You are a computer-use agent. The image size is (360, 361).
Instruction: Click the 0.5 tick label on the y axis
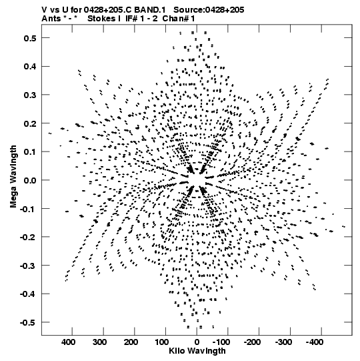(x=30, y=38)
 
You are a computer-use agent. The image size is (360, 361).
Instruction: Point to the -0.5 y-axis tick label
(x=28, y=322)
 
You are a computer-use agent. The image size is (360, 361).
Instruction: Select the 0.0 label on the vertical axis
(x=30, y=180)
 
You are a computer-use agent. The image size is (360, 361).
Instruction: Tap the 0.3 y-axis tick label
(x=30, y=95)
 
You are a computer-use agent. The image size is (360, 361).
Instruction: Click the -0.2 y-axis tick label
(x=28, y=237)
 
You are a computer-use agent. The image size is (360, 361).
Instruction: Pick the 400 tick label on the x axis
(x=68, y=342)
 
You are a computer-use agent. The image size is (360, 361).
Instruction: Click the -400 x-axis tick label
(x=315, y=342)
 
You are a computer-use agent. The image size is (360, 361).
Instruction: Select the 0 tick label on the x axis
(x=197, y=342)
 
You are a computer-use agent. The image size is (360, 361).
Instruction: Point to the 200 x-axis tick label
(x=131, y=342)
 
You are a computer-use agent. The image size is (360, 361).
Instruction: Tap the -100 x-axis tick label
(x=221, y=342)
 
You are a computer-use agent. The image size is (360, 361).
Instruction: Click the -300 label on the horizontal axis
(x=283, y=342)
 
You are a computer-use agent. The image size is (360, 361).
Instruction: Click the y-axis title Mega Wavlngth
(x=13, y=177)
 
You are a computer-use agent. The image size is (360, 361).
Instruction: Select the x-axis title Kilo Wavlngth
(x=197, y=351)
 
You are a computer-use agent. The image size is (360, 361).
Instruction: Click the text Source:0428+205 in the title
(x=209, y=10)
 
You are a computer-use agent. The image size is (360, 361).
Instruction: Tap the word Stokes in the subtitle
(x=102, y=19)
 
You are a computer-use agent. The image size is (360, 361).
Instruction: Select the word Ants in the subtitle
(x=51, y=19)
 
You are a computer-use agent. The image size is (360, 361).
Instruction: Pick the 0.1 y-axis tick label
(x=30, y=152)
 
